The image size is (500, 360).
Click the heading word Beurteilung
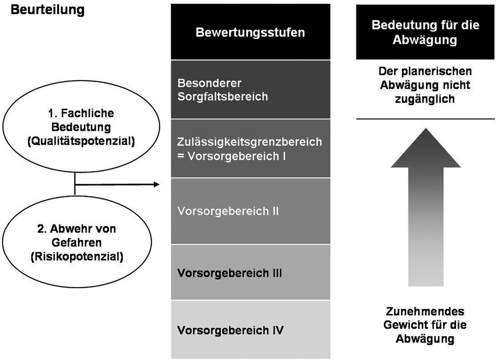47,10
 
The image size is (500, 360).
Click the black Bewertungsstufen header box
250,32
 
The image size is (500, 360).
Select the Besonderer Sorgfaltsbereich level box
250,89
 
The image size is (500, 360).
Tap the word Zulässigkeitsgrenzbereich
250,142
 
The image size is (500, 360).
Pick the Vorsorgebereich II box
250,211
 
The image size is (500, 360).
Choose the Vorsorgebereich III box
250,272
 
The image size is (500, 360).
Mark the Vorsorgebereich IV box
250,330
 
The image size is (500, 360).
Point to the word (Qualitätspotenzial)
81,141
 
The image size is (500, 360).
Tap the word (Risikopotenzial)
77,256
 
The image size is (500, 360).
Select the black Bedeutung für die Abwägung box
425,32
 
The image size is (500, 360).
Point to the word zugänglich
425,99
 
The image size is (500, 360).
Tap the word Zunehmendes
425,311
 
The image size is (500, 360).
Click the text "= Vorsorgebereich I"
231,156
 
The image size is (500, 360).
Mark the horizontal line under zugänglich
425,119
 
